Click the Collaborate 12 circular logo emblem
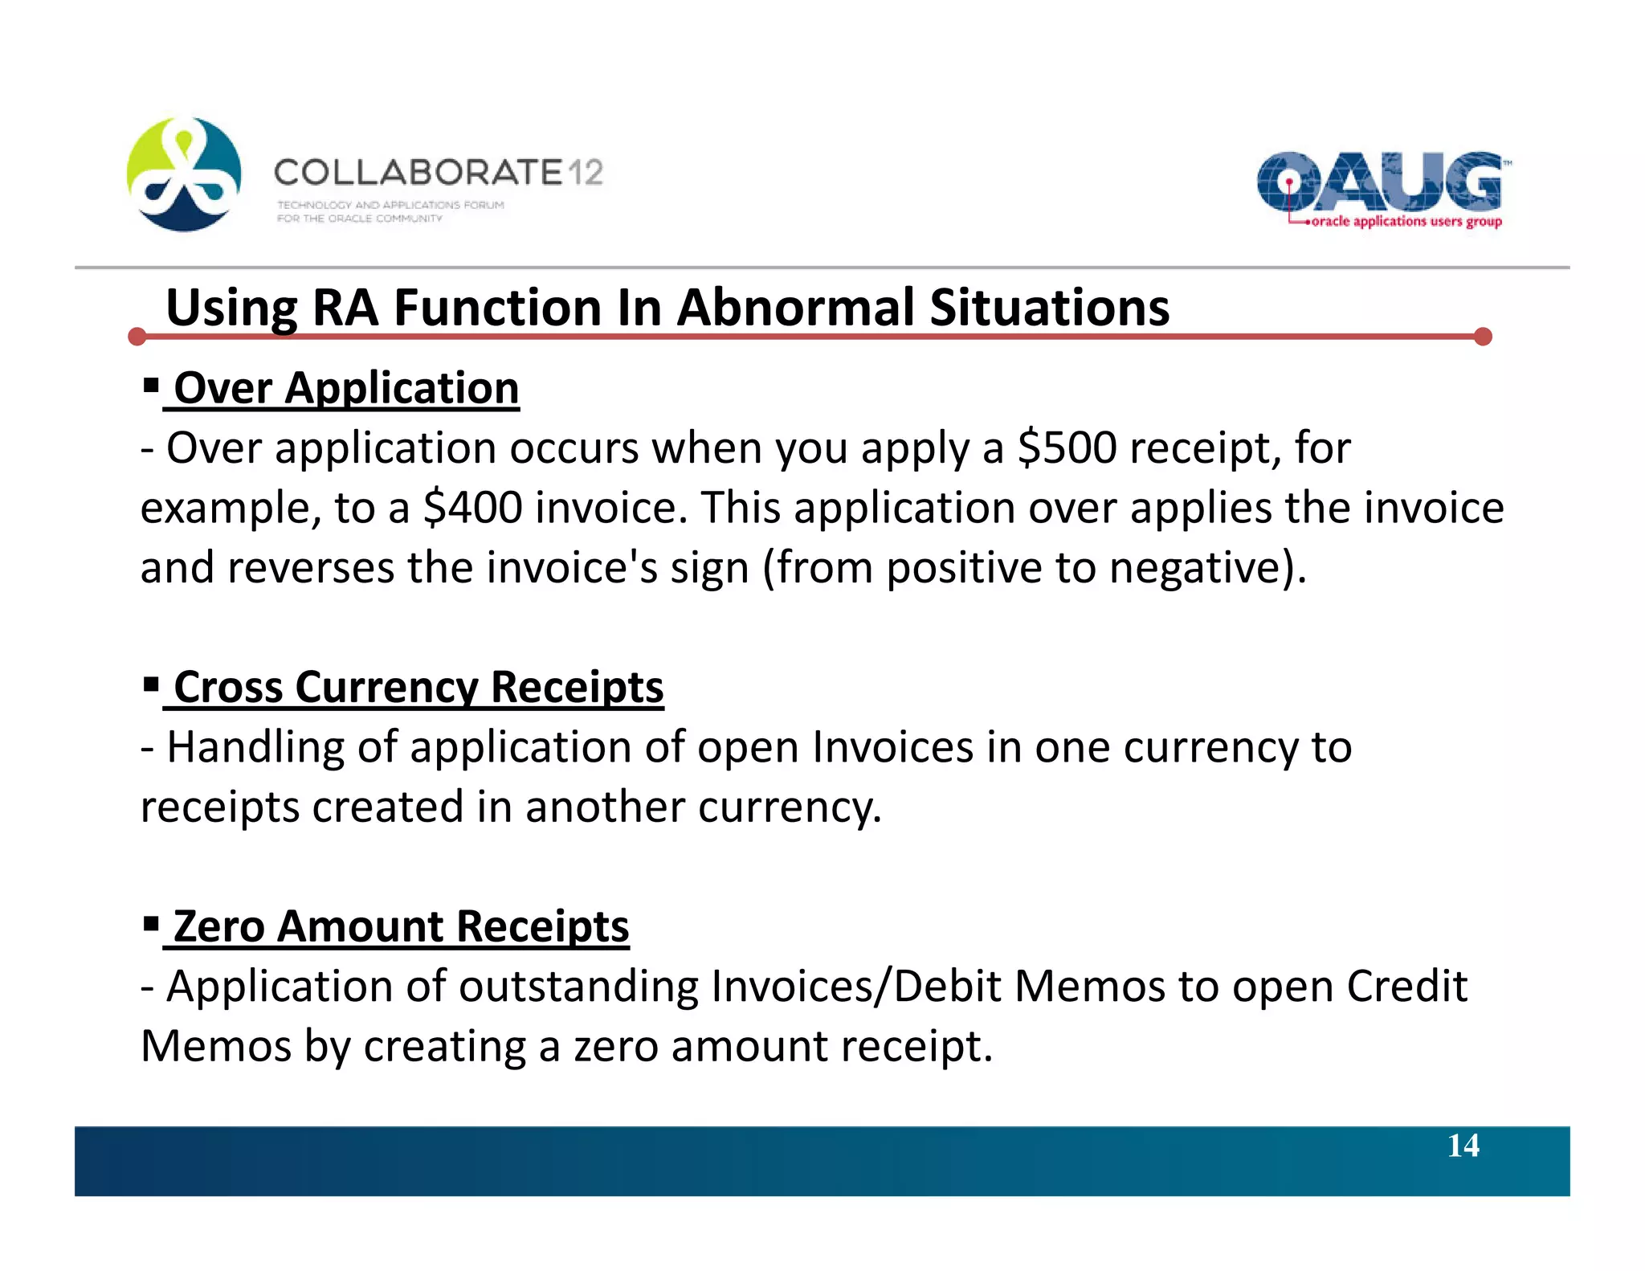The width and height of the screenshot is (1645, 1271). pyautogui.click(x=184, y=174)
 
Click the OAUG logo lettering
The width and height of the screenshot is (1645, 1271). pyautogui.click(x=1379, y=182)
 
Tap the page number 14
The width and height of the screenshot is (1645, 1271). pyautogui.click(x=1463, y=1146)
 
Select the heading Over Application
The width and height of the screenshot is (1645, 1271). pyautogui.click(x=346, y=389)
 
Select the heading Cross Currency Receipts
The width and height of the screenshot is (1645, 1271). pyautogui.click(x=418, y=688)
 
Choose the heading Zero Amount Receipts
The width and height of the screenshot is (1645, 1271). pyautogui.click(x=401, y=927)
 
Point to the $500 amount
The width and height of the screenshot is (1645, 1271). pyautogui.click(x=1067, y=448)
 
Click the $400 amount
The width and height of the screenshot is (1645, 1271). pyautogui.click(x=472, y=509)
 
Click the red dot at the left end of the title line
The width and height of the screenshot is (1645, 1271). pyautogui.click(x=137, y=337)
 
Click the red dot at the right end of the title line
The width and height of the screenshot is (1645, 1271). pyautogui.click(x=1483, y=337)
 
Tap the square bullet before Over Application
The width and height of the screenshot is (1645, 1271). pyautogui.click(x=150, y=386)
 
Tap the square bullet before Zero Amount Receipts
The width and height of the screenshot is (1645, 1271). pyautogui.click(x=150, y=924)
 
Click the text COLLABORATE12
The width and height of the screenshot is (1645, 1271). pyautogui.click(x=438, y=173)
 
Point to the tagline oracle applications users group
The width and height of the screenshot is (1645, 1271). pyautogui.click(x=1406, y=222)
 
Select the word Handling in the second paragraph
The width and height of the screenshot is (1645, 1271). pyautogui.click(x=255, y=748)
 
